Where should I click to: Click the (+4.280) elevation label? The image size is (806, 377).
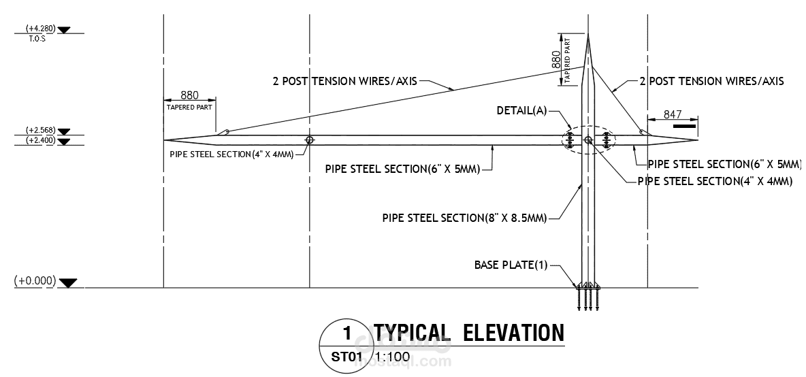coord(40,29)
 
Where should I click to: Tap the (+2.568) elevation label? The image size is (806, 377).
coord(40,130)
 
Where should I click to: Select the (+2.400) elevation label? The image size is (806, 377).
coord(40,140)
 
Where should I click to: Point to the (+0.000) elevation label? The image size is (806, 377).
coord(35,281)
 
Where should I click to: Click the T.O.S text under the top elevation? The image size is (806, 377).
coord(37,39)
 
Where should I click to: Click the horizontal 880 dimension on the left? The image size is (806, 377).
coord(189,95)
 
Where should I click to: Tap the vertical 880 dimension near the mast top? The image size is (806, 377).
coord(556,60)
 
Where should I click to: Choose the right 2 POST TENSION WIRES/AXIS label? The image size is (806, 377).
coord(711,82)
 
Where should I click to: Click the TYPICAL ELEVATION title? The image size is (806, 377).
coord(468,333)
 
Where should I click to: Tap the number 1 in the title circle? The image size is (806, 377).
coord(346,333)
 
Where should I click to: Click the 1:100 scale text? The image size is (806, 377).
coord(392,356)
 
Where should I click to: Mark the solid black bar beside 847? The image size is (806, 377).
coord(684,125)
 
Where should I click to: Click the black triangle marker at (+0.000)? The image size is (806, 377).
coord(69,282)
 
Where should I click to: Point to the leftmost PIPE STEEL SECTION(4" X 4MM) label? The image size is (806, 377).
coord(231,154)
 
